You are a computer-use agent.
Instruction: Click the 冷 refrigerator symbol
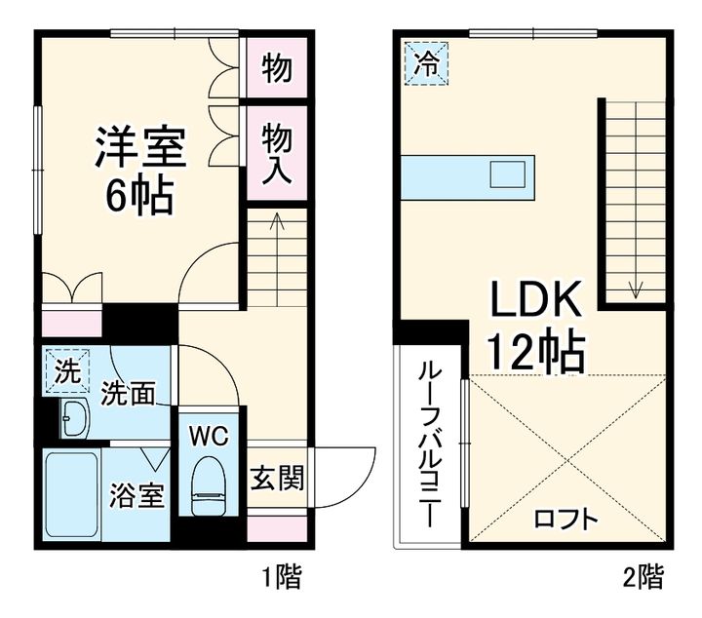[427, 63]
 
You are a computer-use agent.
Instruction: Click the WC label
[209, 436]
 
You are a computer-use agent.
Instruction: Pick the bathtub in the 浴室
[71, 495]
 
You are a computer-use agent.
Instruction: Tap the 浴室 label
[137, 494]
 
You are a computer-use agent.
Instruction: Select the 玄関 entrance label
[278, 478]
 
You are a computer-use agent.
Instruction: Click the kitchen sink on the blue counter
[510, 175]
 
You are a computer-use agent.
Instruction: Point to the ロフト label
[566, 518]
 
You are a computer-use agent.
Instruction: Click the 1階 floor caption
[282, 577]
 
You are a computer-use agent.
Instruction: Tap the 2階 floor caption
[644, 577]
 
